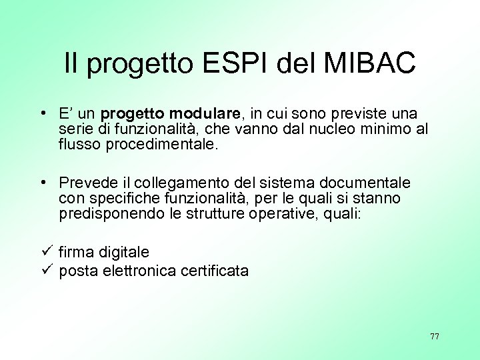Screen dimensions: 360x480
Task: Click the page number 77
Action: tap(435, 336)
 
